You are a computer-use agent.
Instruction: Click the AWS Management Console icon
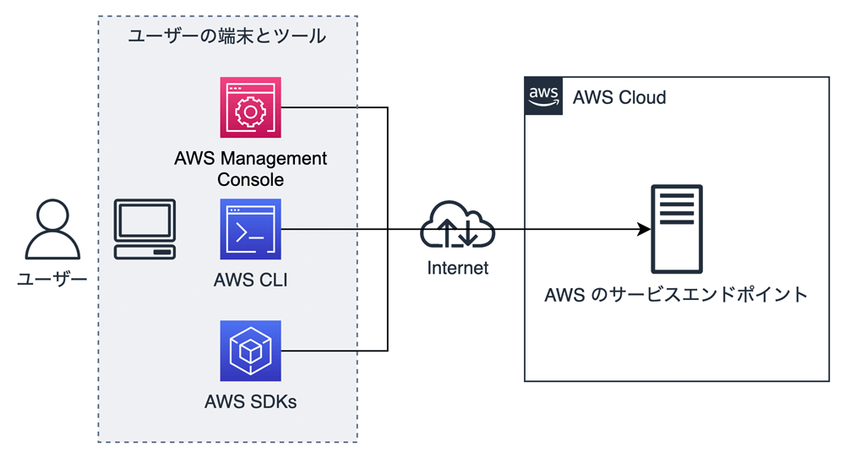pos(250,107)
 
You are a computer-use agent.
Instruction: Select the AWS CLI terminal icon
pos(250,229)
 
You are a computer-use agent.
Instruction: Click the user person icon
pos(52,229)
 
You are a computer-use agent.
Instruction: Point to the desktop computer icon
pos(145,229)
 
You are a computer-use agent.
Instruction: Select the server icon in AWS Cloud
pos(676,229)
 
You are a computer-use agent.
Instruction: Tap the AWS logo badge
pos(543,95)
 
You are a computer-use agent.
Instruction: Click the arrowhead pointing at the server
pos(644,229)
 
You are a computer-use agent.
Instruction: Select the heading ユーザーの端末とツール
pos(226,36)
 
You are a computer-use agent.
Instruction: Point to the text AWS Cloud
pos(619,97)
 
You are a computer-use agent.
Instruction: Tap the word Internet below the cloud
pos(457,269)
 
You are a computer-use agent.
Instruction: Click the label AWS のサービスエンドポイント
pos(676,295)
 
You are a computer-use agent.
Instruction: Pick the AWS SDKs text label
pos(250,401)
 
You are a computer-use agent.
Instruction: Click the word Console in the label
pos(250,180)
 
